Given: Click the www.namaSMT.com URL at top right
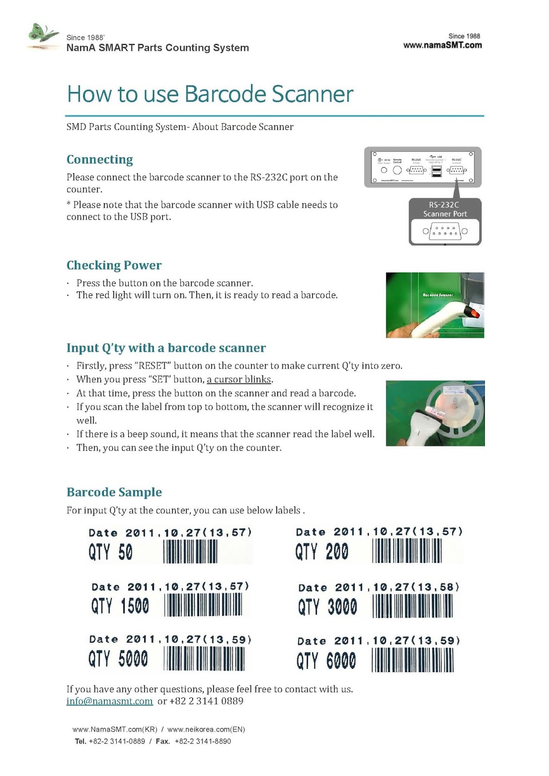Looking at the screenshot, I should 442,45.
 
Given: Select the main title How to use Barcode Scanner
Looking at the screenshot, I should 210,94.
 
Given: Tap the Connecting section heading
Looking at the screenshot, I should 100,160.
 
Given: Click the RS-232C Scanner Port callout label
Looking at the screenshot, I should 445,209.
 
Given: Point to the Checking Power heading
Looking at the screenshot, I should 114,265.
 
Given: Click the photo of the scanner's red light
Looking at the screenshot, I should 435,305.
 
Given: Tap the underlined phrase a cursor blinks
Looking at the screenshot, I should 239,379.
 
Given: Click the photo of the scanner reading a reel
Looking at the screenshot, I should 435,413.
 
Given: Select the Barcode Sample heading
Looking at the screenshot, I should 114,492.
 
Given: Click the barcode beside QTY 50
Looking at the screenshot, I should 190,552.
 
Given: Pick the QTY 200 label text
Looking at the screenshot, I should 322,552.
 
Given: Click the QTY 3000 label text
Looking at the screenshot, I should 328,607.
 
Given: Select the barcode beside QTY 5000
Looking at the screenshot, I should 204,659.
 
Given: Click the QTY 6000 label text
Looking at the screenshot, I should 326,661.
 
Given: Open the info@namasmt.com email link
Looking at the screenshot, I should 110,701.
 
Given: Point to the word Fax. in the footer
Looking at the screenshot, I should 163,741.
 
